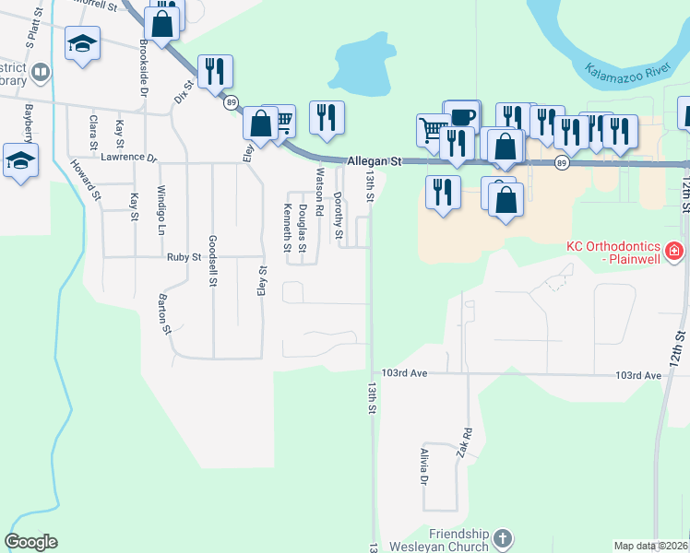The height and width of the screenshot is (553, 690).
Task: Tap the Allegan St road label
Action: coord(375,161)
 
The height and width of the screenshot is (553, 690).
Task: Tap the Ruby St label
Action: coord(184,257)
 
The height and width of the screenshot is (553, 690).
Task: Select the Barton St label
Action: coord(165,314)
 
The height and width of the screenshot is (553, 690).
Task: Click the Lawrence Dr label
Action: coord(129,158)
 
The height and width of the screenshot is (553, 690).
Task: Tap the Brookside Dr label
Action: coord(144,67)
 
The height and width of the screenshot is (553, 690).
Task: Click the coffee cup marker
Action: coord(462,116)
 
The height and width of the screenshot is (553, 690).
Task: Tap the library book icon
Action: coord(40,72)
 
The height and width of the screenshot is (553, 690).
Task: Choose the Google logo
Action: coord(30,542)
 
